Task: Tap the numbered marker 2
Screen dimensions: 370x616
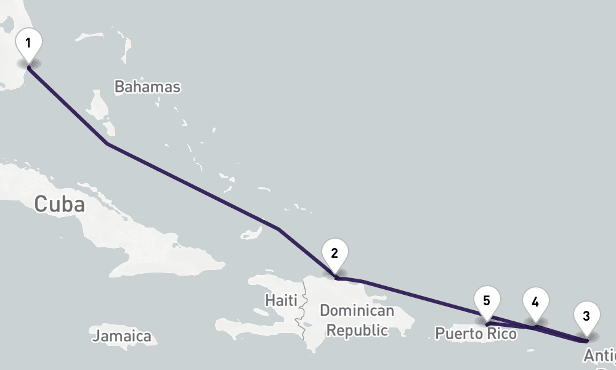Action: [x=334, y=253]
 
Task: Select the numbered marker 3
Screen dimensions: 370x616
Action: [x=586, y=317]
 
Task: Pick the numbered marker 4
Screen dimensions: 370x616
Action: [x=535, y=302]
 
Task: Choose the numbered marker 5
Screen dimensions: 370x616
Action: [x=487, y=301]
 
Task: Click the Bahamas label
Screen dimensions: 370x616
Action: [x=147, y=86]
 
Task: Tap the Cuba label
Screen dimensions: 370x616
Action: [x=59, y=204]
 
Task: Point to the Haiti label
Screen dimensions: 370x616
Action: [x=281, y=300]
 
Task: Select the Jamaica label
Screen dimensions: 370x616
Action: [x=122, y=336]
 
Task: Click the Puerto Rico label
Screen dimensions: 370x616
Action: [x=476, y=334]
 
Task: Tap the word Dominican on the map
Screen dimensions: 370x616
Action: [x=357, y=310]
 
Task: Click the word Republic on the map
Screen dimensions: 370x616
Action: [x=357, y=330]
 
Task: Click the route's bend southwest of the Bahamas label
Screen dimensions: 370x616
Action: [x=107, y=144]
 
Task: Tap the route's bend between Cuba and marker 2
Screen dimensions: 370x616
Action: [x=278, y=229]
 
